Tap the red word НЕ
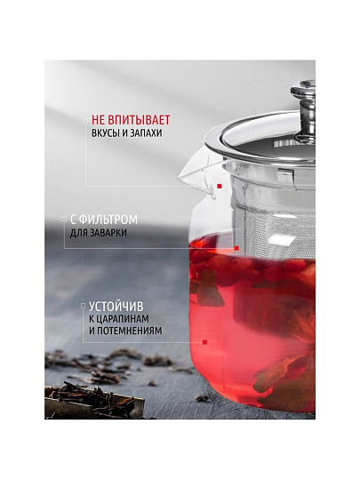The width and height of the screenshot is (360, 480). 99,120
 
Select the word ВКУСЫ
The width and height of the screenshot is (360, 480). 105,133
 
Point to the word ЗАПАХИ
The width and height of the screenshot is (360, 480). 146,133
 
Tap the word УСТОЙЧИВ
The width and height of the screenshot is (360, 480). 116,307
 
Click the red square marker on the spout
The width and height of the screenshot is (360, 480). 220,186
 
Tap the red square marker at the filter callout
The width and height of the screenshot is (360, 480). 236,248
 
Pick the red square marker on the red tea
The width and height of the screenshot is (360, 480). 204,342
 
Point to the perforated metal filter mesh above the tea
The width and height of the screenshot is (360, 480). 273,227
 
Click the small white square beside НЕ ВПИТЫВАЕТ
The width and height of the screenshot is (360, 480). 85,121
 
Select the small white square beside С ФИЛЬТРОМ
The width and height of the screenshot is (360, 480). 64,220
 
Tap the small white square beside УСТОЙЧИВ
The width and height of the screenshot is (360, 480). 83,306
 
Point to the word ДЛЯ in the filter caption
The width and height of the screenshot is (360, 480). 79,233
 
